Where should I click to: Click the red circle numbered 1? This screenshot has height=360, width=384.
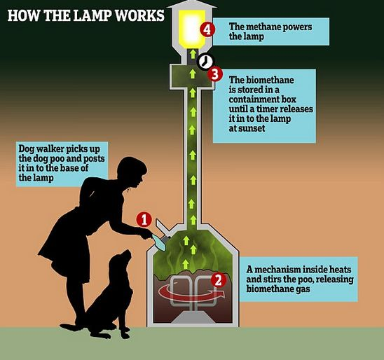(144, 219)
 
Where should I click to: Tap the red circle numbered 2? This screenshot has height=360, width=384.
(218, 279)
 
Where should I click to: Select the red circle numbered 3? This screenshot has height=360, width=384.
(215, 74)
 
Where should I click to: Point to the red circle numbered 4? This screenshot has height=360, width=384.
(207, 29)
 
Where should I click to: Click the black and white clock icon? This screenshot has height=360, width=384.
(205, 61)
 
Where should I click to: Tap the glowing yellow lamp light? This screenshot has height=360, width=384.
(192, 29)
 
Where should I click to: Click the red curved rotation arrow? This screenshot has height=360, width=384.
(191, 292)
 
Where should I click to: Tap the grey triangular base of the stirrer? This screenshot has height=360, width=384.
(192, 317)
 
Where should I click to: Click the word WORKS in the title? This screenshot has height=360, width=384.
(139, 15)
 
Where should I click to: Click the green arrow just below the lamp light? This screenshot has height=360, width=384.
(193, 54)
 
